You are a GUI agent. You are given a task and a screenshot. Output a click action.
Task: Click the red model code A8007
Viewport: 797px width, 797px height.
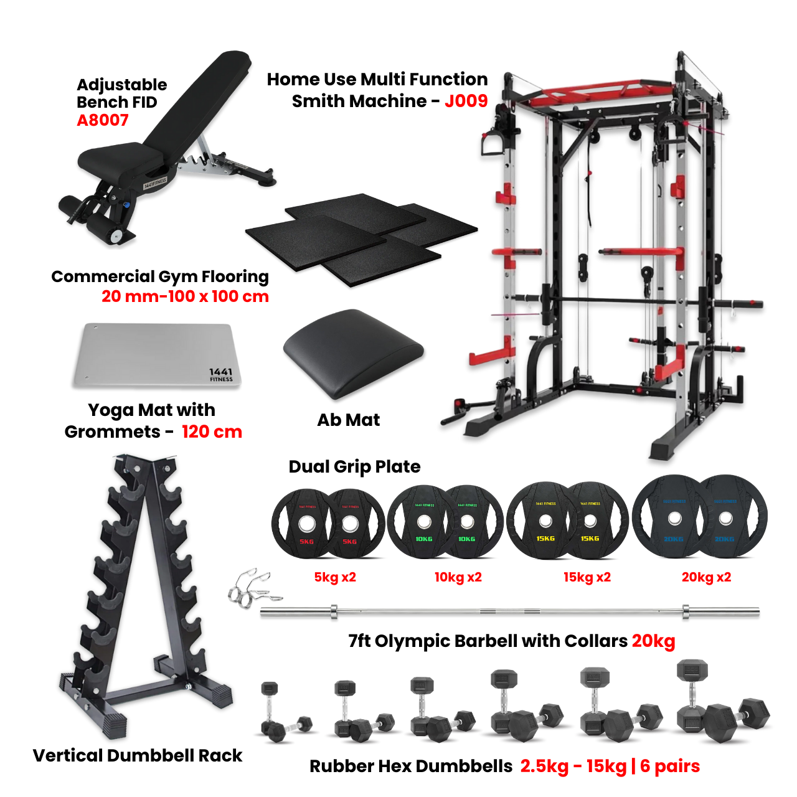point(102,120)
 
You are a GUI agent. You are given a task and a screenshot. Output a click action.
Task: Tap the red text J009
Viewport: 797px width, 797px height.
point(466,101)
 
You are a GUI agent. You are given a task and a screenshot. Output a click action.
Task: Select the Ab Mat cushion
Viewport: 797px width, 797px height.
point(353,352)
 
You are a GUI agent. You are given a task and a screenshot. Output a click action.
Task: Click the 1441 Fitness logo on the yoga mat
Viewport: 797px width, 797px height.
point(221,374)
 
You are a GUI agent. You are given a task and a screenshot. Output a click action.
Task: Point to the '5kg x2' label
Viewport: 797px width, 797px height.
point(335,577)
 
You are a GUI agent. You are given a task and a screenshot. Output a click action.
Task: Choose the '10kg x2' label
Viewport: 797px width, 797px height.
point(458,577)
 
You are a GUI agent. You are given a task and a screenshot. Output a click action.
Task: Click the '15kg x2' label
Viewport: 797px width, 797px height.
point(587,577)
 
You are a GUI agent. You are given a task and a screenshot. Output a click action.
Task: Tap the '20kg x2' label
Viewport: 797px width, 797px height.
point(706,577)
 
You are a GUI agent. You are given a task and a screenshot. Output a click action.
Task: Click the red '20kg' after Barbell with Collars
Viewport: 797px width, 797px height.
point(653,641)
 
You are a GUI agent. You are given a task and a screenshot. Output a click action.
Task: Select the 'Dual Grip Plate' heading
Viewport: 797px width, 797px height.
point(354,466)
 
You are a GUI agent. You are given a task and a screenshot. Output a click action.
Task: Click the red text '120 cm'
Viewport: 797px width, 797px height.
point(212,432)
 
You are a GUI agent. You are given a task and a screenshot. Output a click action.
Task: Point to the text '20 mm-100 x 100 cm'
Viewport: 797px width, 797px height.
point(185,296)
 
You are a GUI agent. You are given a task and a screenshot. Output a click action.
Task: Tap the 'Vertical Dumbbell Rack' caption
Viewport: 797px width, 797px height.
point(138,755)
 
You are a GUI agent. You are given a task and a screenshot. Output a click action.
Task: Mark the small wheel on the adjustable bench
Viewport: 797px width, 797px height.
point(116,236)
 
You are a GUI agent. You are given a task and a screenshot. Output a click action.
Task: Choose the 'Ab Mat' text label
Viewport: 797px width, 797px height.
point(348,420)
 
